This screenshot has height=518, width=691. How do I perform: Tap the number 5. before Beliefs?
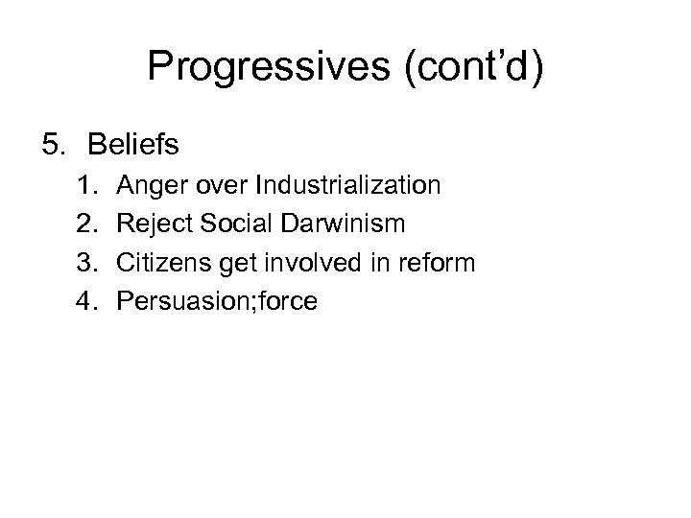[x=56, y=145]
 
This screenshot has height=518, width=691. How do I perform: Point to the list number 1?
[x=86, y=185]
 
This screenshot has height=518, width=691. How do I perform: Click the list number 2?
[x=86, y=224]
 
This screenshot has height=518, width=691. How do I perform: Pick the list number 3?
[x=86, y=262]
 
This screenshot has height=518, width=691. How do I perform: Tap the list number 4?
[x=86, y=301]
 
